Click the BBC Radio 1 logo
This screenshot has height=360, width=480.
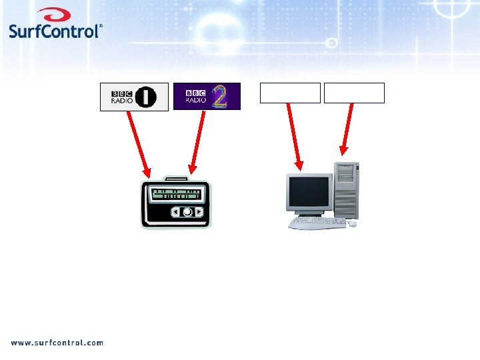click(133, 97)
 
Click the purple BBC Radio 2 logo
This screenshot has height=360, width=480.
click(206, 96)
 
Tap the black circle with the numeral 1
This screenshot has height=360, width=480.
click(145, 97)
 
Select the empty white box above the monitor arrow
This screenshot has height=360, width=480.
click(290, 93)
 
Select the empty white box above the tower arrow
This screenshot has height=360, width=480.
click(354, 93)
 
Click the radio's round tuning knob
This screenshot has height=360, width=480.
click(188, 212)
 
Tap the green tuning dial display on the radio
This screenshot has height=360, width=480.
click(176, 194)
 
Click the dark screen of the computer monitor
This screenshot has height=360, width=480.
click(309, 192)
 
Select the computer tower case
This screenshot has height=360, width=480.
click(347, 190)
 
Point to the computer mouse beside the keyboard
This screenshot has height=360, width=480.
click(351, 225)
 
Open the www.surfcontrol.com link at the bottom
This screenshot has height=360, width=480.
click(57, 343)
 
